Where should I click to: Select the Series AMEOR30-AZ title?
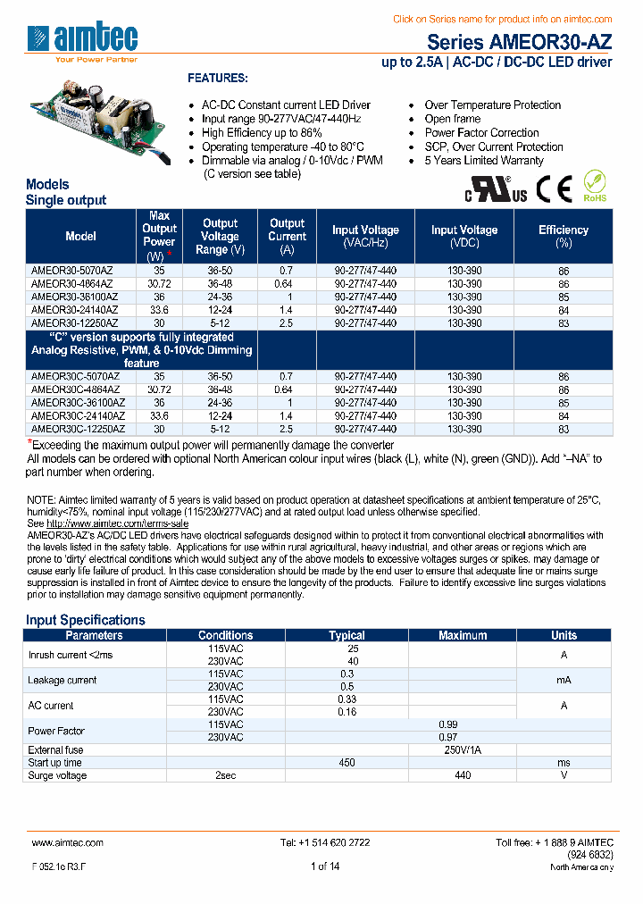(519, 42)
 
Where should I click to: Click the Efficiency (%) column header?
(563, 236)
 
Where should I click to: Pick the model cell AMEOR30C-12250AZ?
(78, 429)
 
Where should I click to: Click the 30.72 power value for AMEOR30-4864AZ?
(159, 284)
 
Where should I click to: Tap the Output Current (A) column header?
(287, 236)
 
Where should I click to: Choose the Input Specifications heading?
(85, 620)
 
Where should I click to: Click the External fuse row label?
(55, 750)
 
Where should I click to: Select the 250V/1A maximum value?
(463, 750)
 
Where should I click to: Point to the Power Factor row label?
(56, 731)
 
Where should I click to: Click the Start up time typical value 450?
(347, 763)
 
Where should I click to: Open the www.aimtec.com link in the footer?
(67, 842)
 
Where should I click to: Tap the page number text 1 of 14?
(324, 866)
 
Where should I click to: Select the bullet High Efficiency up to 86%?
(263, 132)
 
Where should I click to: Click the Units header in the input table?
(564, 636)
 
